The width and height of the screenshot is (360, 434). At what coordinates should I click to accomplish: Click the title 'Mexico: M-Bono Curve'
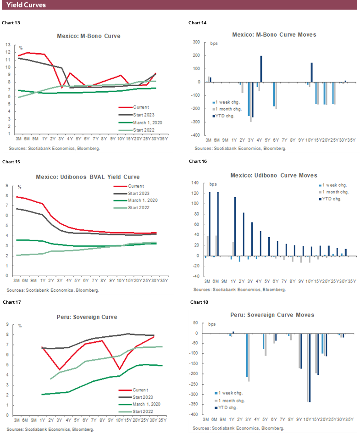[89, 36]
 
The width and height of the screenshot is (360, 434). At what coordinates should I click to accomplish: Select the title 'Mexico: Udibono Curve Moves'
[274, 176]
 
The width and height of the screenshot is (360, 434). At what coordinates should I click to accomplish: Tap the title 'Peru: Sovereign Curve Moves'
[272, 315]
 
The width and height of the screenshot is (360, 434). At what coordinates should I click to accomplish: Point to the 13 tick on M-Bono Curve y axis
[8, 45]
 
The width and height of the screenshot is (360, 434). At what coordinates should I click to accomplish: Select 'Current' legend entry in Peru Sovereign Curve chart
[138, 389]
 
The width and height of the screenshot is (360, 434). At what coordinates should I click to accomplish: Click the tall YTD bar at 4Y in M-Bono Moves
[261, 69]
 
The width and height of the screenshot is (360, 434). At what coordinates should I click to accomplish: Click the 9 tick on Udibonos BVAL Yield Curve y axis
[9, 186]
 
